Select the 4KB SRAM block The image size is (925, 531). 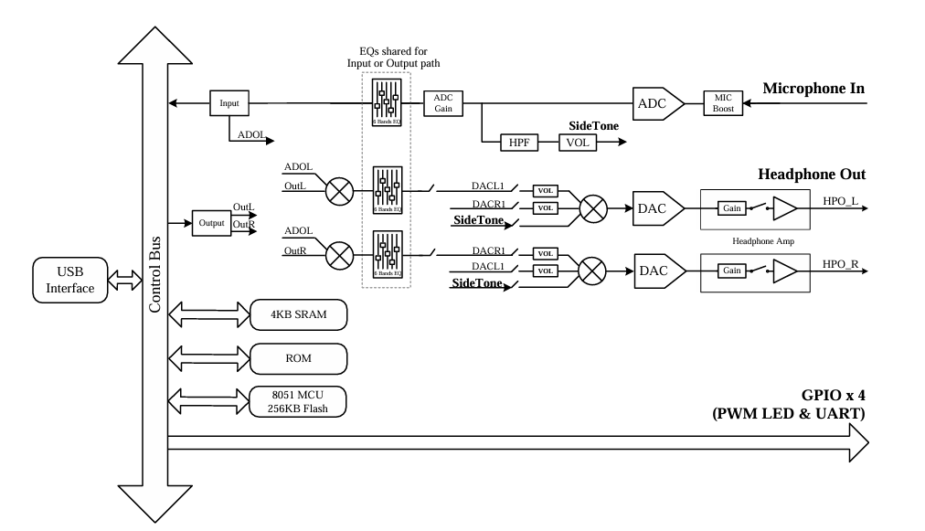(299, 314)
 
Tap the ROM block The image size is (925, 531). (299, 357)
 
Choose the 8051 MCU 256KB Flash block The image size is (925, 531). (299, 401)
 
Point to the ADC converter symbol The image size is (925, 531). (655, 103)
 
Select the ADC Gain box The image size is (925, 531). (443, 103)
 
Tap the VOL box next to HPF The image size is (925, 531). (577, 143)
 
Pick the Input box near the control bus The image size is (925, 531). (229, 103)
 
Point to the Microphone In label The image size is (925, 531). (813, 89)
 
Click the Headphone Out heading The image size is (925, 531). (811, 175)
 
